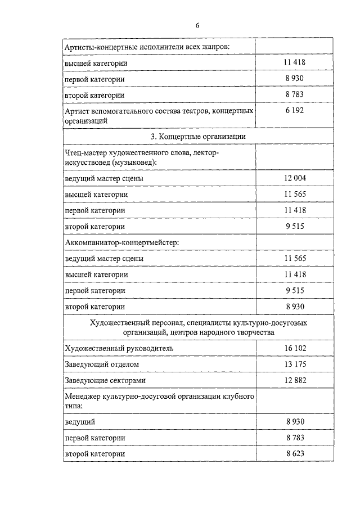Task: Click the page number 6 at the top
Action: [197, 25]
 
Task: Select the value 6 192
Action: [294, 111]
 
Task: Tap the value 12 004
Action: [294, 178]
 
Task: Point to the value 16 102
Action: [294, 348]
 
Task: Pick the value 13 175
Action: [294, 364]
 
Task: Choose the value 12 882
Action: [294, 381]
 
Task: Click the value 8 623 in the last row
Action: [294, 453]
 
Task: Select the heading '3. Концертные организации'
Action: [197, 137]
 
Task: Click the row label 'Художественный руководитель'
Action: [119, 348]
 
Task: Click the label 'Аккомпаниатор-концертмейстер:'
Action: [121, 242]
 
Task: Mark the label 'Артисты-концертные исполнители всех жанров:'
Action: [147, 47]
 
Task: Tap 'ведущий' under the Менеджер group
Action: [80, 421]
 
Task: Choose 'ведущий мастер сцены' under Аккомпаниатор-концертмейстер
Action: [104, 258]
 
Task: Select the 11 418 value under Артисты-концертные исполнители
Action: [294, 63]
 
